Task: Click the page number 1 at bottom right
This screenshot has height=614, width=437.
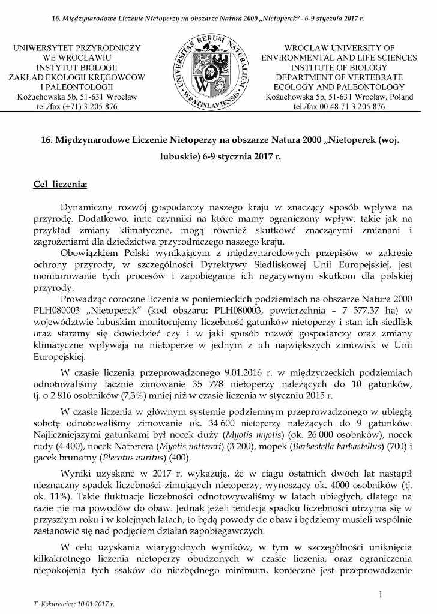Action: click(381, 594)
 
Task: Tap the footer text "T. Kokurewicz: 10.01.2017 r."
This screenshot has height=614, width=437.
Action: click(74, 604)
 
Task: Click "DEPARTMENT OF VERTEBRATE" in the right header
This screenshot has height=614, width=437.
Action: click(339, 77)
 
